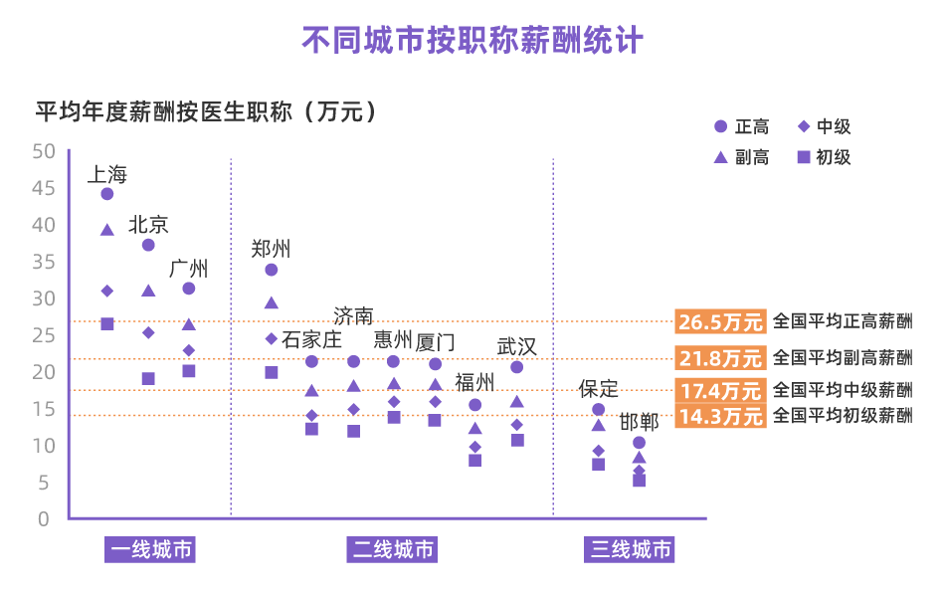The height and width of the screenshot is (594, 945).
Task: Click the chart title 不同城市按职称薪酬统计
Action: pos(472,41)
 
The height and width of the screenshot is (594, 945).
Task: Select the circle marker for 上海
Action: pos(107,194)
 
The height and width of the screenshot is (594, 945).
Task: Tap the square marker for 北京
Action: pos(148,378)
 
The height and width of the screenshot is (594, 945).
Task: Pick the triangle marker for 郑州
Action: pos(271,302)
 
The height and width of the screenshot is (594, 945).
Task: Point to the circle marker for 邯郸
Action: pos(639,443)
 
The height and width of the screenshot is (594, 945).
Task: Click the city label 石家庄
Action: pos(311,339)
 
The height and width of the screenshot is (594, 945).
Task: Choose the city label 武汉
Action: pos(516,346)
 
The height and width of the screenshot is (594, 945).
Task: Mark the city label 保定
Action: pos(598,388)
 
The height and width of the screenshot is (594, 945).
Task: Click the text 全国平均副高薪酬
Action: pos(842,357)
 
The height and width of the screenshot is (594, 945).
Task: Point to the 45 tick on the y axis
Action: pos(44,188)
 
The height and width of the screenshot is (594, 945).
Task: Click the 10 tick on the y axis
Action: pos(44,446)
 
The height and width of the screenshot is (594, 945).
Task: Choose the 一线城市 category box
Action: pos(150,549)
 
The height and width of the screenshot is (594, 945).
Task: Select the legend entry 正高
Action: pos(741,126)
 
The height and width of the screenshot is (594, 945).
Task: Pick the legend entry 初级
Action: pos(824,157)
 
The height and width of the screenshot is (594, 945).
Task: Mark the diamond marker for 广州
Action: pos(189,350)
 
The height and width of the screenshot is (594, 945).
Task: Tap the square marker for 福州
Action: pos(475,460)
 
